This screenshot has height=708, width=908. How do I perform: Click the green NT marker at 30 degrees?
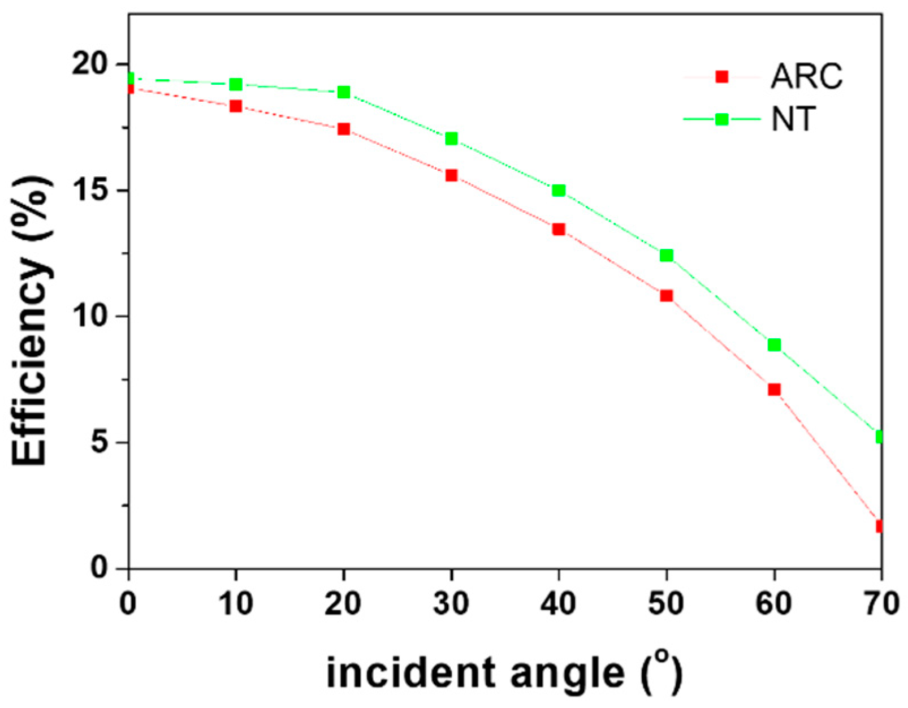(x=451, y=139)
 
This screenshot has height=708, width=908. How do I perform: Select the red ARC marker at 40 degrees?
(x=559, y=229)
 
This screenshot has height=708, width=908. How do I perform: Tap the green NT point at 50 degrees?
(x=667, y=256)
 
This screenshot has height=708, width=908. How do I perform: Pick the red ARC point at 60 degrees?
(x=774, y=390)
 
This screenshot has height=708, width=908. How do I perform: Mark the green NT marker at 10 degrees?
(x=236, y=84)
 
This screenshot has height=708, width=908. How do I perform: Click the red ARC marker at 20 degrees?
(x=344, y=129)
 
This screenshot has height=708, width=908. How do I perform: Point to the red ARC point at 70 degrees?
(x=879, y=526)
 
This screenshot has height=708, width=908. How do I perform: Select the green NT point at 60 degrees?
(x=774, y=345)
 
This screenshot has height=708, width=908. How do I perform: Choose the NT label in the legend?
(x=793, y=119)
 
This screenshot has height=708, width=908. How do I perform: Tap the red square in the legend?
(x=721, y=76)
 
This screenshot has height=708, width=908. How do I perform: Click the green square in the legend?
(x=721, y=119)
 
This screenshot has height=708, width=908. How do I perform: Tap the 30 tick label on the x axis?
(x=451, y=603)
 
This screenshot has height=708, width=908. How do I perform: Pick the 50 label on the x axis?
(x=667, y=603)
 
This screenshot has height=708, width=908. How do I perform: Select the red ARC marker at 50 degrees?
(x=667, y=296)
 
